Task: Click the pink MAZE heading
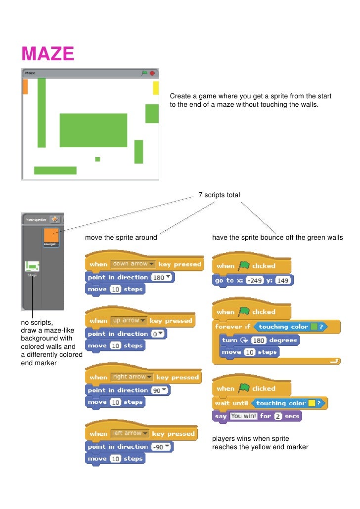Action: tap(47, 54)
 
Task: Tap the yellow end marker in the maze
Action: tap(156, 88)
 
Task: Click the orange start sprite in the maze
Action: tap(25, 86)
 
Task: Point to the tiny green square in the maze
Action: tap(97, 159)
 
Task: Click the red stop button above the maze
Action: tap(152, 73)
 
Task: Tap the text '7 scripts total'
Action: tap(219, 195)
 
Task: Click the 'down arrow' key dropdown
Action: tap(134, 264)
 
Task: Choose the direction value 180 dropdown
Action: tap(162, 277)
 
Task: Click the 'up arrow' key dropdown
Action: tap(129, 321)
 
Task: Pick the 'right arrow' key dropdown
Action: tap(132, 377)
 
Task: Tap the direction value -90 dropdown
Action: tap(162, 447)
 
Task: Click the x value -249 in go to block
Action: tap(247, 280)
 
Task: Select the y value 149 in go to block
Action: tap(282, 280)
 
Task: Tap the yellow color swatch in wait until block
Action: tap(312, 403)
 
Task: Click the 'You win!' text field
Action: tap(243, 416)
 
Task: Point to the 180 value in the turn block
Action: tap(259, 340)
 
